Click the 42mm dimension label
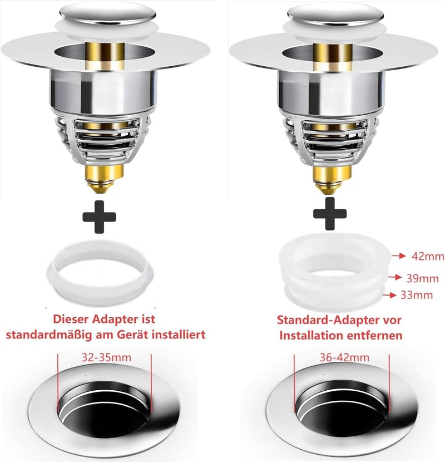(x=428, y=257)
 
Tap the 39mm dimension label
(x=423, y=278)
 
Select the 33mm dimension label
(x=417, y=295)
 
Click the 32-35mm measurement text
(x=106, y=358)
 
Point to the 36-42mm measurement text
(x=344, y=358)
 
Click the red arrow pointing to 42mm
(x=399, y=256)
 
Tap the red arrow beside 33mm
(x=389, y=295)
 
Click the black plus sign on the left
(x=99, y=217)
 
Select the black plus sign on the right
(x=330, y=213)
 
